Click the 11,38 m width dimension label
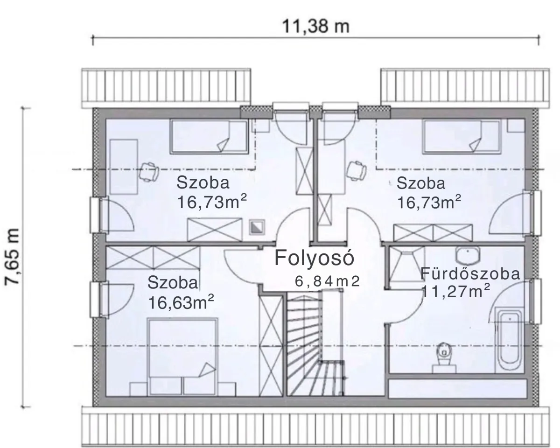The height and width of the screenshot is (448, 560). pyautogui.click(x=315, y=27)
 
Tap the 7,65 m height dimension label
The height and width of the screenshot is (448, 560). pyautogui.click(x=12, y=257)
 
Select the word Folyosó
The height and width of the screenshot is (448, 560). pyautogui.click(x=315, y=258)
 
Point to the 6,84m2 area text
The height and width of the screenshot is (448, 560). pyautogui.click(x=327, y=281)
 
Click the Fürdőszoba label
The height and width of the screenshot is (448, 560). pyautogui.click(x=470, y=273)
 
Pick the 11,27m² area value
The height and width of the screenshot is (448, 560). pyautogui.click(x=455, y=291)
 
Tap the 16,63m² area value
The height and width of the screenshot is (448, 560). pyautogui.click(x=181, y=302)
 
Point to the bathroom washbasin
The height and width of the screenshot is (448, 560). pyautogui.click(x=468, y=254)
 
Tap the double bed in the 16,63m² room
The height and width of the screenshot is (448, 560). pyautogui.click(x=182, y=357)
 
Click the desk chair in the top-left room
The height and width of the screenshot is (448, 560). pyautogui.click(x=149, y=172)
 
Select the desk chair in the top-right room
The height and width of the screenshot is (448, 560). pyautogui.click(x=357, y=170)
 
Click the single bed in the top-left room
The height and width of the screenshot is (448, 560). pyautogui.click(x=209, y=136)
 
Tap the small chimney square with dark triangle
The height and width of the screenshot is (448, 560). pyautogui.click(x=257, y=227)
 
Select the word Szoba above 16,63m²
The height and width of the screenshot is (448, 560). pyautogui.click(x=173, y=282)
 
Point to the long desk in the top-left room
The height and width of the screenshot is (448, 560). pyautogui.click(x=124, y=167)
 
